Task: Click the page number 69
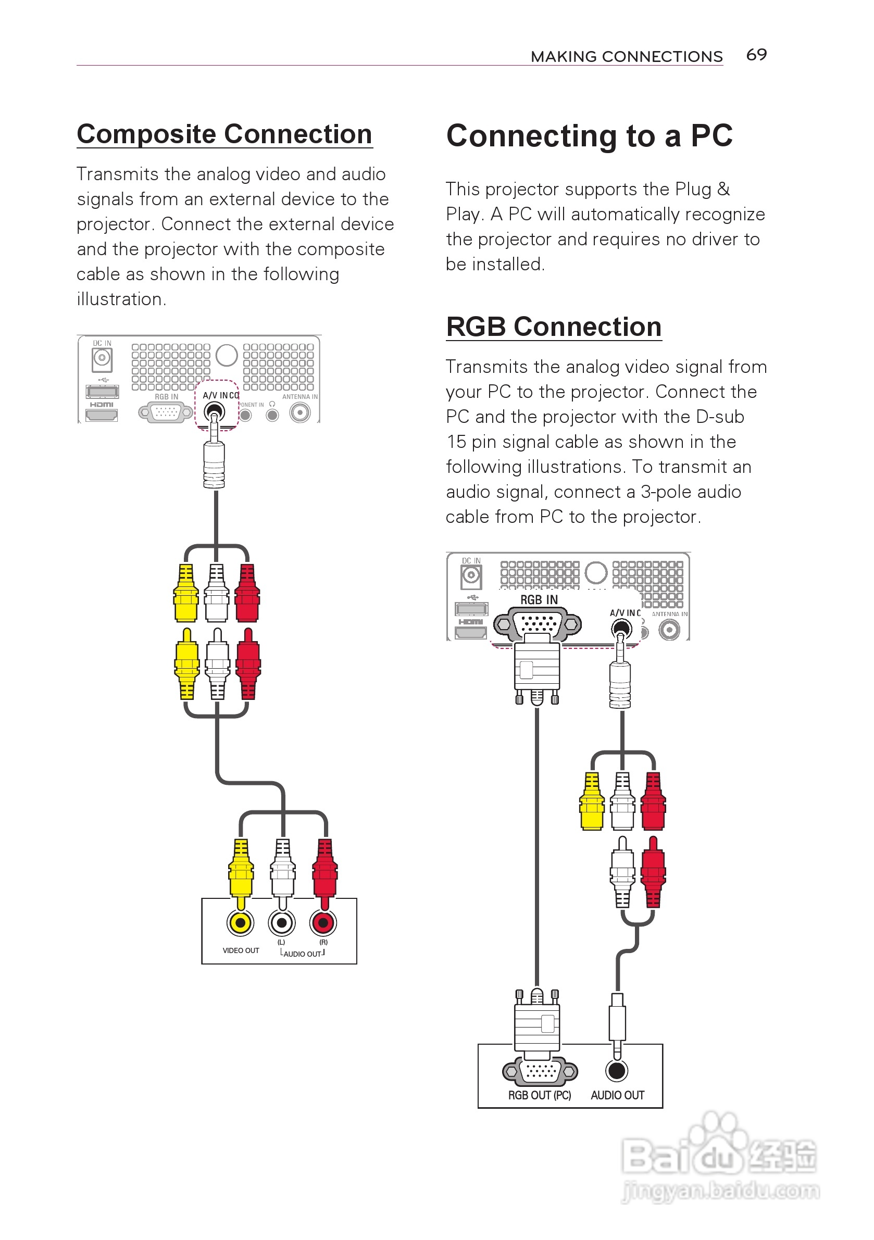(x=756, y=55)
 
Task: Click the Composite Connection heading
(x=224, y=134)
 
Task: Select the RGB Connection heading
(x=554, y=327)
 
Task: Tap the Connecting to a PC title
(x=589, y=135)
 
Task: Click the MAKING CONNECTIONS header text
(x=627, y=57)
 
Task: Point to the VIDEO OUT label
(x=241, y=950)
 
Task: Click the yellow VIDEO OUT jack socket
(x=241, y=923)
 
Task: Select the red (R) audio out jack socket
(x=323, y=923)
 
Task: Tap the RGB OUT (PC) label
(x=539, y=1095)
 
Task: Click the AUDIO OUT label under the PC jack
(x=617, y=1095)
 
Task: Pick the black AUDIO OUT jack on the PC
(x=617, y=1071)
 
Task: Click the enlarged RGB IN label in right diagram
(x=539, y=600)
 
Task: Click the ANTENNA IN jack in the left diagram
(x=301, y=413)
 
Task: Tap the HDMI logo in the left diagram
(x=102, y=405)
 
